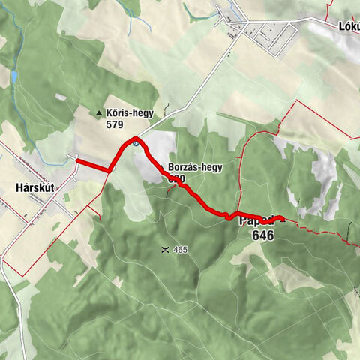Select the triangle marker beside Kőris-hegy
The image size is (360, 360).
click(99, 114)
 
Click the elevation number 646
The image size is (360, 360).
click(263, 235)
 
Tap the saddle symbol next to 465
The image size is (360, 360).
click(163, 249)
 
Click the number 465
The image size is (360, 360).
click(179, 249)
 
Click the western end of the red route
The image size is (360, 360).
click(77, 159)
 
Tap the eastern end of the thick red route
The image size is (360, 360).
click(283, 219)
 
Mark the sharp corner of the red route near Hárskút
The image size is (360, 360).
click(109, 171)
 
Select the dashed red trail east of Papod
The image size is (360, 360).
click(322, 227)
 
